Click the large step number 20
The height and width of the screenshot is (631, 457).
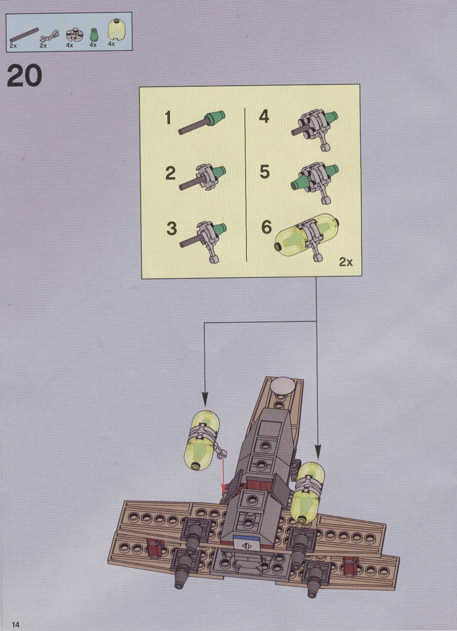(25, 75)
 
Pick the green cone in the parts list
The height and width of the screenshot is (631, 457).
(93, 35)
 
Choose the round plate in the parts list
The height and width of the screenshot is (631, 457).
(74, 34)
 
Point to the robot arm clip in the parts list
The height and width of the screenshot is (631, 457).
(50, 36)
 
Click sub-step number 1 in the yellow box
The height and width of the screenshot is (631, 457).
(168, 117)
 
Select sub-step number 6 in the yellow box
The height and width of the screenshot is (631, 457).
(266, 227)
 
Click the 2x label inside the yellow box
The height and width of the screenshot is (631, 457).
(346, 262)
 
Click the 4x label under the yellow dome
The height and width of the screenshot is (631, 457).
(112, 44)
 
